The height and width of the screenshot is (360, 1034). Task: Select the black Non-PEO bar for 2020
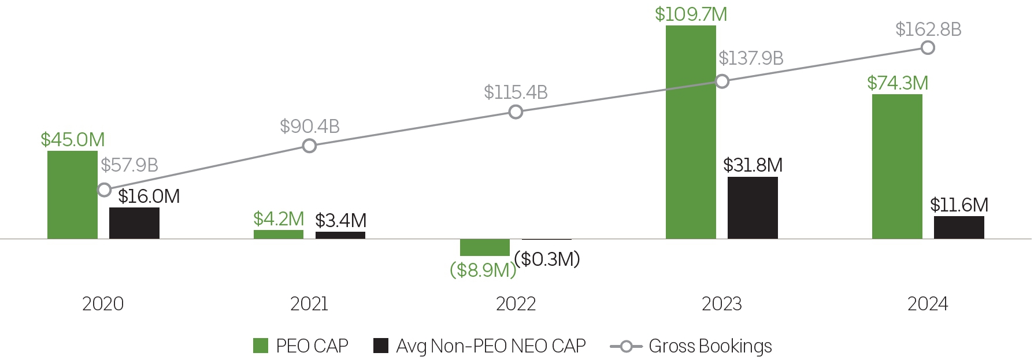(x=134, y=223)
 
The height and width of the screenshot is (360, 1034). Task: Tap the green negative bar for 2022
(x=484, y=247)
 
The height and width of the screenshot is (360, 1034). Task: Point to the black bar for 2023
(x=753, y=208)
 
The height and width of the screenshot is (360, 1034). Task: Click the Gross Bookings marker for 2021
(x=310, y=146)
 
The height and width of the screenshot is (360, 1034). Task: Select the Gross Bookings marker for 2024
(x=928, y=48)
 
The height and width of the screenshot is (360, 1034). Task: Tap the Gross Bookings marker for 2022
(x=516, y=112)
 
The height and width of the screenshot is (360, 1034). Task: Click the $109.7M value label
(x=691, y=14)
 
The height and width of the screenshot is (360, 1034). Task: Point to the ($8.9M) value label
(x=483, y=270)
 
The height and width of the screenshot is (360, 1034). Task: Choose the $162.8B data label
(x=928, y=29)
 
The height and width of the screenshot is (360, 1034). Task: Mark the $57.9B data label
(x=129, y=165)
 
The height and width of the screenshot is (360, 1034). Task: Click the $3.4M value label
(x=340, y=221)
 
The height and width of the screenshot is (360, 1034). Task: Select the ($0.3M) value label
(x=547, y=259)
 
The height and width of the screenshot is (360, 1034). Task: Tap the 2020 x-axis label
(x=103, y=304)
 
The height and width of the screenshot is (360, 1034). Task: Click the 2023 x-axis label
(x=721, y=304)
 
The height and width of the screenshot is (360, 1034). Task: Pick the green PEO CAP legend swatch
(x=261, y=346)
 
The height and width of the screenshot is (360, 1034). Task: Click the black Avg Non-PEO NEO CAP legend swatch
(x=381, y=346)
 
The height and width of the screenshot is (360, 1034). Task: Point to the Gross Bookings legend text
(x=710, y=346)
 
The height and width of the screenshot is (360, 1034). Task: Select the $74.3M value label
(x=898, y=83)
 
